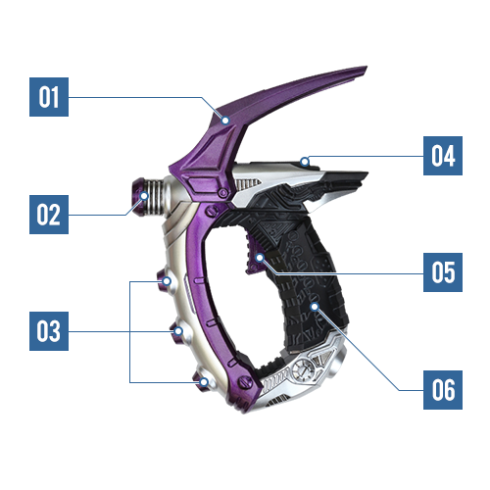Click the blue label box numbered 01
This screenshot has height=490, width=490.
coord(49,97)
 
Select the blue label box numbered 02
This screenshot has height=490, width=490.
coord(49,215)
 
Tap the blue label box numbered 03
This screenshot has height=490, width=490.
coord(49,331)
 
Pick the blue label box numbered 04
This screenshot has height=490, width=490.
coord(443,156)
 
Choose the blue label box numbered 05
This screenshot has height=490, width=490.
coord(443,272)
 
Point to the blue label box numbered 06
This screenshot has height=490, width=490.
coord(443,390)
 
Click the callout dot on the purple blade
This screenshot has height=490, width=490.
coord(225,121)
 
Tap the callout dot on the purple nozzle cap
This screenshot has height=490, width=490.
coord(144,196)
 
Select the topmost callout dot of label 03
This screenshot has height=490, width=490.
coord(167,281)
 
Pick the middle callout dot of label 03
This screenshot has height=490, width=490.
coord(178,331)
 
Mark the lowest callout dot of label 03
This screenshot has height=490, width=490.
coord(204,382)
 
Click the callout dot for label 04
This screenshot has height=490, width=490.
coord(305,161)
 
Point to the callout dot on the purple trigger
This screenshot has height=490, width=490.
coord(260,258)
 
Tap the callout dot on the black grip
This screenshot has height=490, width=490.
coord(315,307)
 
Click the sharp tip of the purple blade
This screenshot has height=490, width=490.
coord(367,67)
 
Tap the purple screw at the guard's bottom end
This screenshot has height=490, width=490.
coord(245,381)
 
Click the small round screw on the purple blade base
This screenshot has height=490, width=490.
coord(222,193)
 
